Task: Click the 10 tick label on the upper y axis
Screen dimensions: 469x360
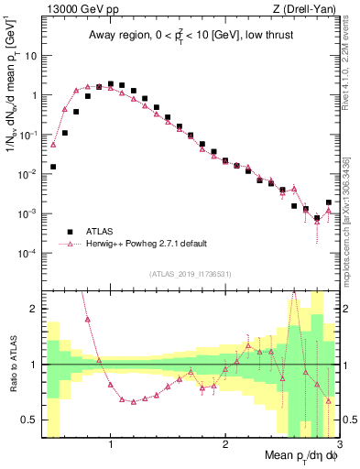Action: [30, 55]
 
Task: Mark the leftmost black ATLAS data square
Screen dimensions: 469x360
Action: [53, 167]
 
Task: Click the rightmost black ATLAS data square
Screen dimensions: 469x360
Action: [328, 202]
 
